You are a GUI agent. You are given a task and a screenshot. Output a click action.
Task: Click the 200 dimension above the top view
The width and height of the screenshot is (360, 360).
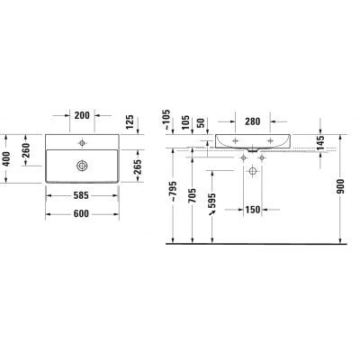coord(82,117)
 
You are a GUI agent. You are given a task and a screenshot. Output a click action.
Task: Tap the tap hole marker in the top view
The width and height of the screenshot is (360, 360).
coord(82,142)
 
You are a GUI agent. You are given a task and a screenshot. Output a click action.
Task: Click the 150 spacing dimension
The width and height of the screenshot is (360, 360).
coord(255,209)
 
